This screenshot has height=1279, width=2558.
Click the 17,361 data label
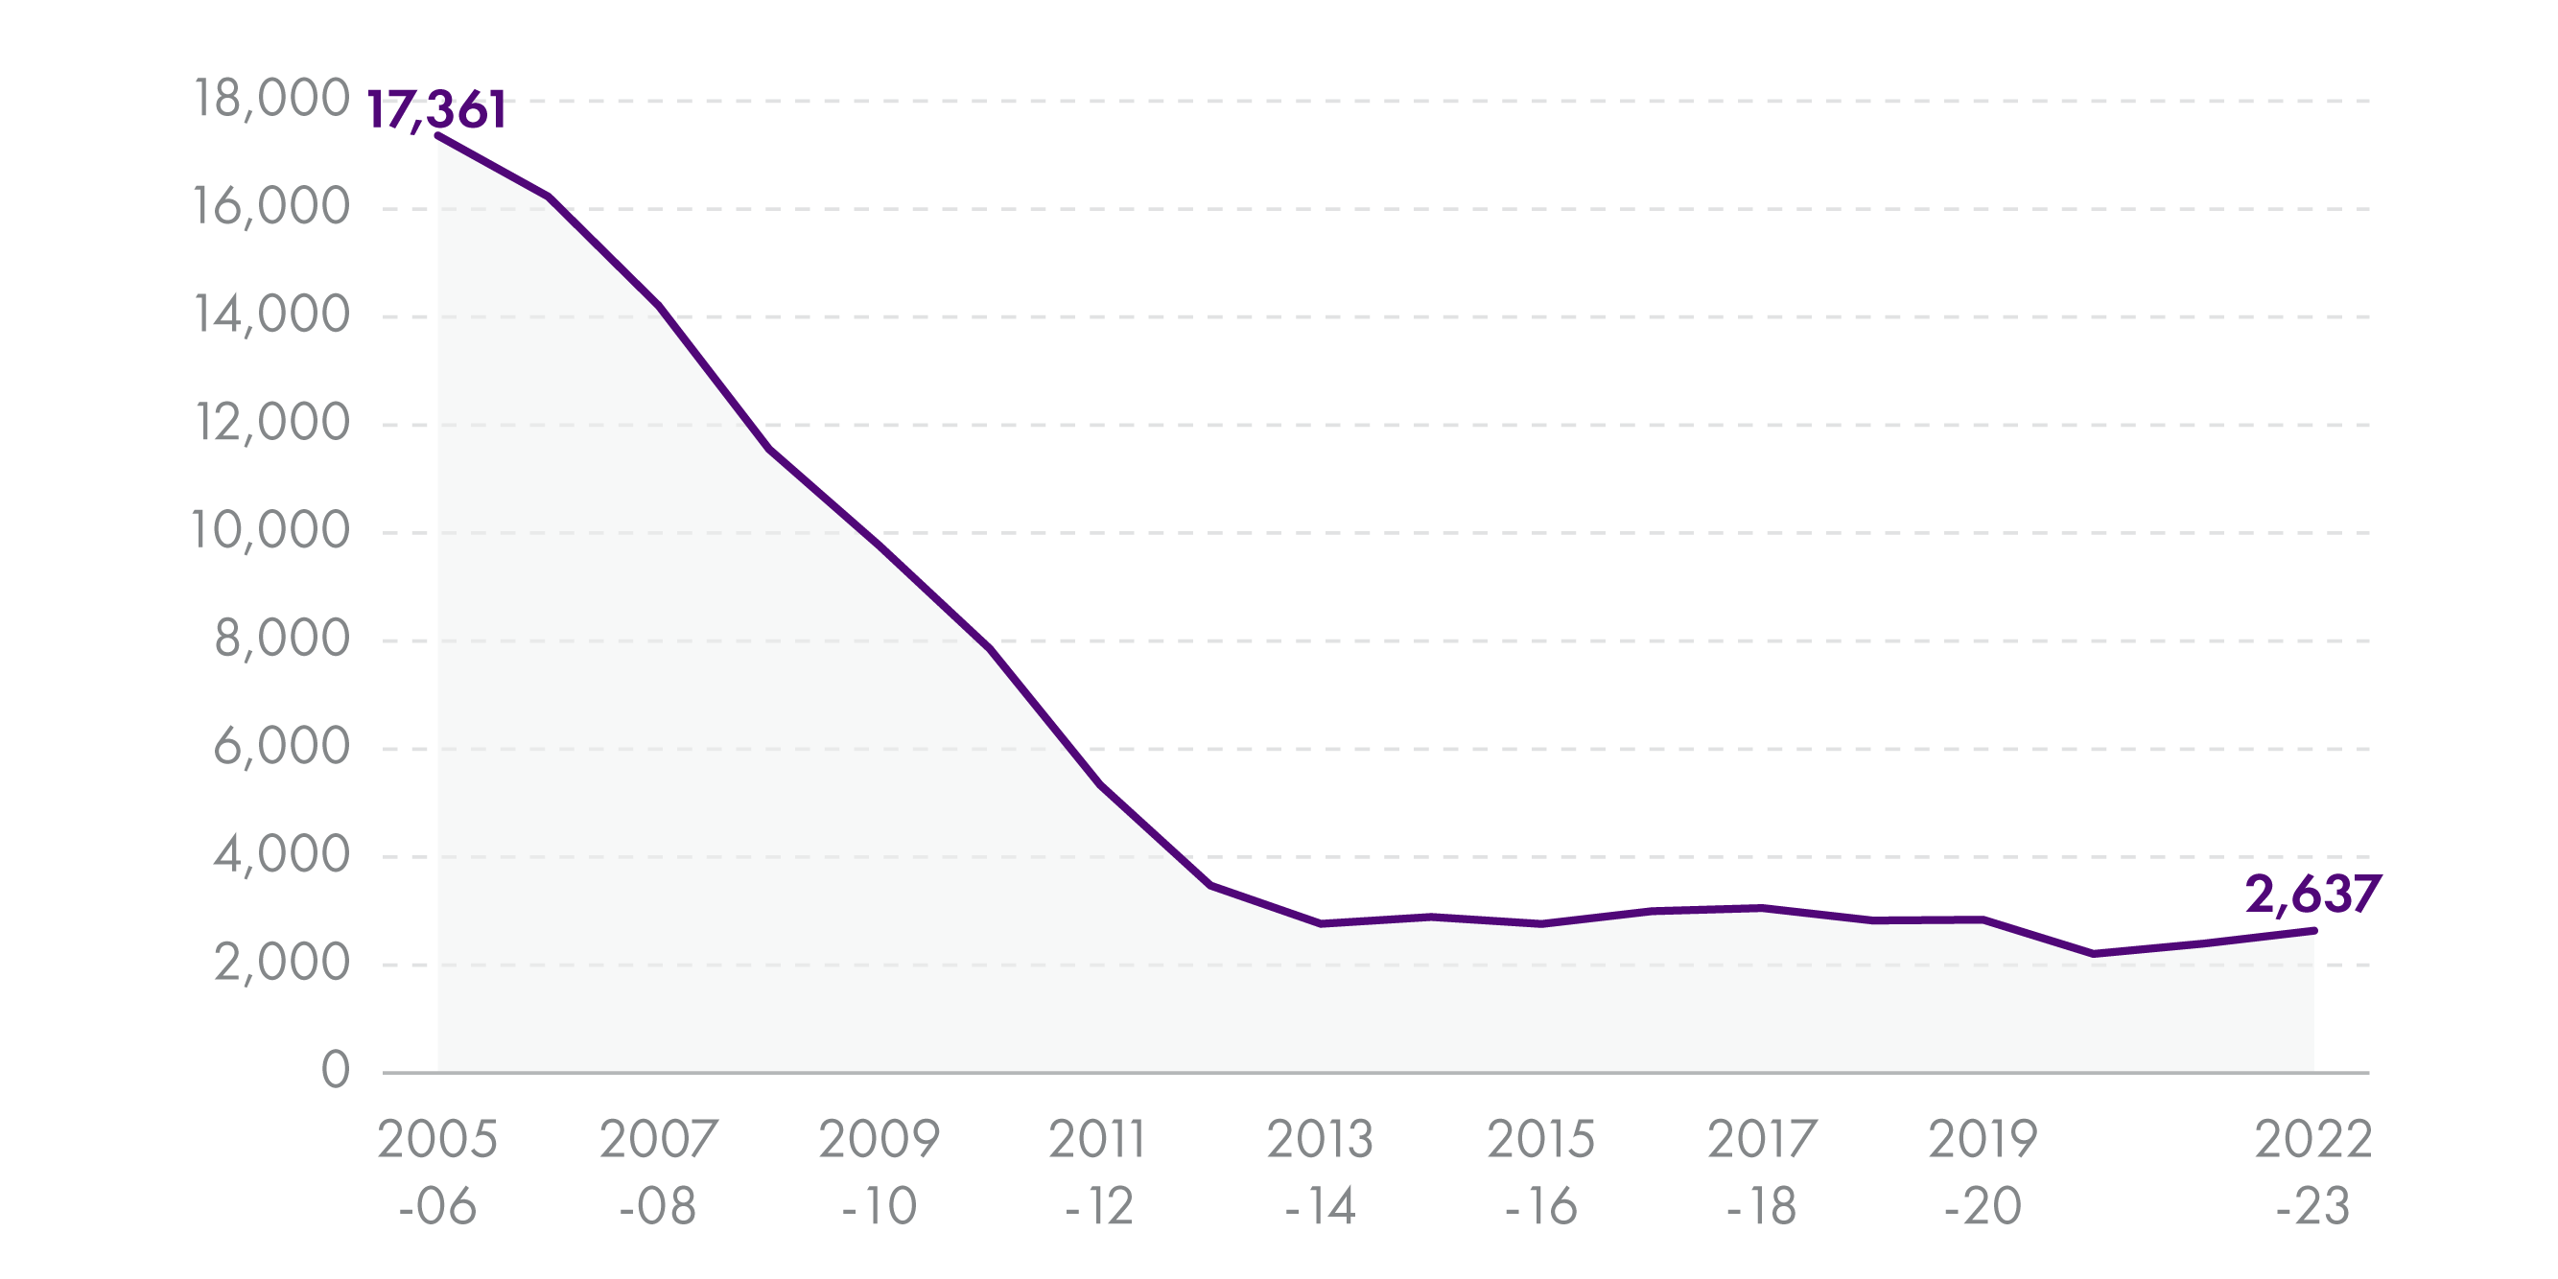(x=437, y=109)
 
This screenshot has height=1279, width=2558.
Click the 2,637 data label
(x=2312, y=894)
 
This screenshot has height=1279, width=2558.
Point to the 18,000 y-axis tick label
(x=271, y=99)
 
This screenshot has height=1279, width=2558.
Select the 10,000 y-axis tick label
(x=270, y=530)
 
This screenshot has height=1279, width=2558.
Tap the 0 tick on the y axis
(x=336, y=1070)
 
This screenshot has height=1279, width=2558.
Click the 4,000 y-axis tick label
(x=281, y=854)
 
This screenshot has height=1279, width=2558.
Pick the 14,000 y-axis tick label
(x=271, y=314)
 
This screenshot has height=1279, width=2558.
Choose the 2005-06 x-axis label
(x=437, y=1172)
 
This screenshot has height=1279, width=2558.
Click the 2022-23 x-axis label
(x=2312, y=1172)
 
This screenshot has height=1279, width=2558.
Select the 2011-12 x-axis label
(x=1098, y=1172)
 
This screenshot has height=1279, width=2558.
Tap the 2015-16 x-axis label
(x=1540, y=1172)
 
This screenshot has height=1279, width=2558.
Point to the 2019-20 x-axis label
(x=1983, y=1172)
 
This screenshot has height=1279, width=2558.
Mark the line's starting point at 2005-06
(x=438, y=136)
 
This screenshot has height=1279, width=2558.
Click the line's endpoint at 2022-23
(x=2314, y=930)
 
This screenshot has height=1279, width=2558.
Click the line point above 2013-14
(x=1320, y=923)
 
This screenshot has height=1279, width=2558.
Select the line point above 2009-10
(x=880, y=546)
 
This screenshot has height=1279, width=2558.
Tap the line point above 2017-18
(x=1762, y=908)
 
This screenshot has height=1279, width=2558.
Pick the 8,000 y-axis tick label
(x=281, y=639)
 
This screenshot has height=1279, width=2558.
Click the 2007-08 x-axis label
(x=658, y=1172)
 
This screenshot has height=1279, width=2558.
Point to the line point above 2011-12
(x=1100, y=784)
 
